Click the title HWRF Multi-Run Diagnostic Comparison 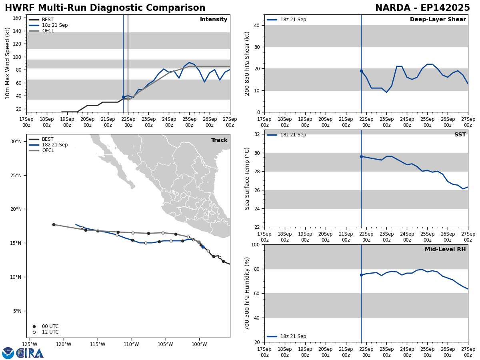[x=105, y=8]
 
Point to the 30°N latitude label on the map [x=16, y=141]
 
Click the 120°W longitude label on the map [x=64, y=344]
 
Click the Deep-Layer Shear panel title [x=438, y=20]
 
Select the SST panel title [x=460, y=135]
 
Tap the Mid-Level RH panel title [x=445, y=250]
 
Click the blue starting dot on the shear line [x=361, y=71]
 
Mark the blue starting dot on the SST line [x=361, y=156]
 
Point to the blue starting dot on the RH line [x=361, y=275]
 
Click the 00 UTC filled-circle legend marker [x=34, y=326]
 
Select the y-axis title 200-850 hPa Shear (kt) [x=248, y=63]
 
